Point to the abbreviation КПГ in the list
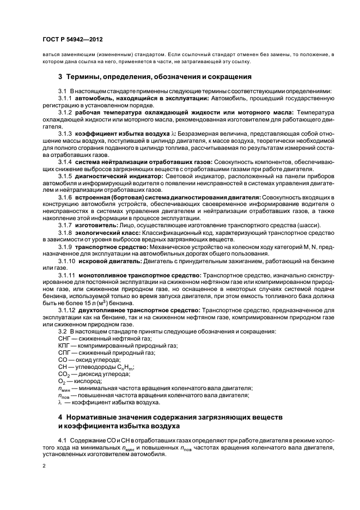[64, 346]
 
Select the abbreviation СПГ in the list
[64, 353]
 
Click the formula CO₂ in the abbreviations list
[63, 375]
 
